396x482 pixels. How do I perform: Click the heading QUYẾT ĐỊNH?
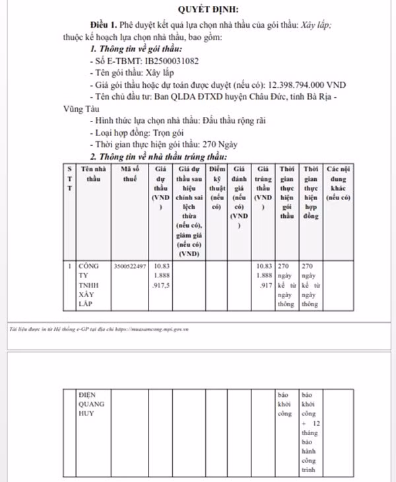(209, 9)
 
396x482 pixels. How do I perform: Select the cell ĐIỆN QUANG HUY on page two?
(90, 403)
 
